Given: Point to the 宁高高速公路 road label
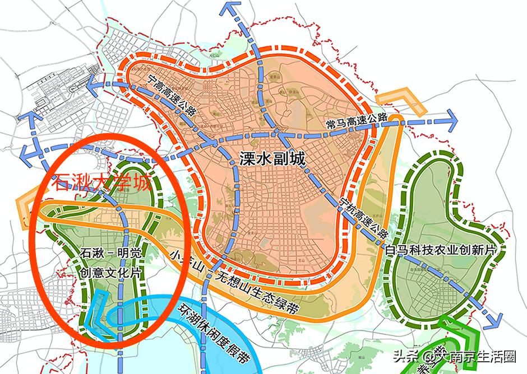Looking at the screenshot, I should point(172,95).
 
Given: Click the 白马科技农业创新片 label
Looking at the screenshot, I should point(442,249).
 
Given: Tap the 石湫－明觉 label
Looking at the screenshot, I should point(112,254).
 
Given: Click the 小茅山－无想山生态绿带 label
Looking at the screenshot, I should point(235,283).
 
